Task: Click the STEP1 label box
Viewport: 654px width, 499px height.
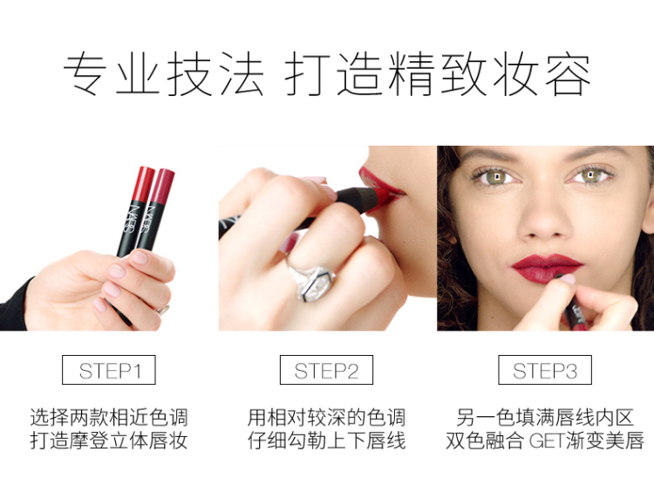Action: coord(108,370)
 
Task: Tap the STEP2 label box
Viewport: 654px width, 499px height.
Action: coord(326,370)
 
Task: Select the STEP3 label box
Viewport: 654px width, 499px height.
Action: coord(545,370)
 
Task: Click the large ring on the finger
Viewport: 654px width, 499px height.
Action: coord(312,279)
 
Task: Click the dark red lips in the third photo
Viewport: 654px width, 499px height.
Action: coord(547,268)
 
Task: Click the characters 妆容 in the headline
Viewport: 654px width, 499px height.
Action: coord(542,74)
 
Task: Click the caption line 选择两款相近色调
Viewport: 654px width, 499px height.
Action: coord(109,417)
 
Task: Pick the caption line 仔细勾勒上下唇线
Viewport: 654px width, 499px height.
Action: coord(327,441)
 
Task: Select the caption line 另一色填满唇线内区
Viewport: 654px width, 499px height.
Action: coord(545,417)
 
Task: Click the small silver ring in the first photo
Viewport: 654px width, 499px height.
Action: coord(163,310)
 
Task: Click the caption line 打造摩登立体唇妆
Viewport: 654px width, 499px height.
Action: coord(109,441)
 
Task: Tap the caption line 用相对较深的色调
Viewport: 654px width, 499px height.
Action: coord(327,417)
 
